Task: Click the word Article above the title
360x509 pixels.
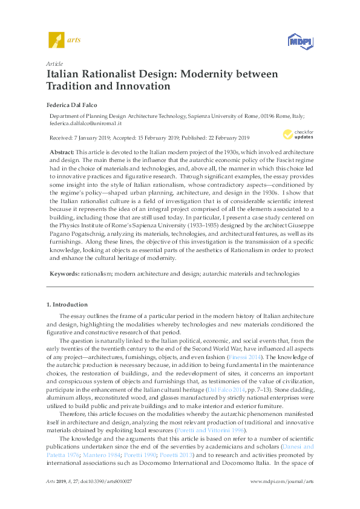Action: (x=54, y=63)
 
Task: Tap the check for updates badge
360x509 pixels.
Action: (x=298, y=134)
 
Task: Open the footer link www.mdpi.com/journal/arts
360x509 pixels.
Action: (x=281, y=497)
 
